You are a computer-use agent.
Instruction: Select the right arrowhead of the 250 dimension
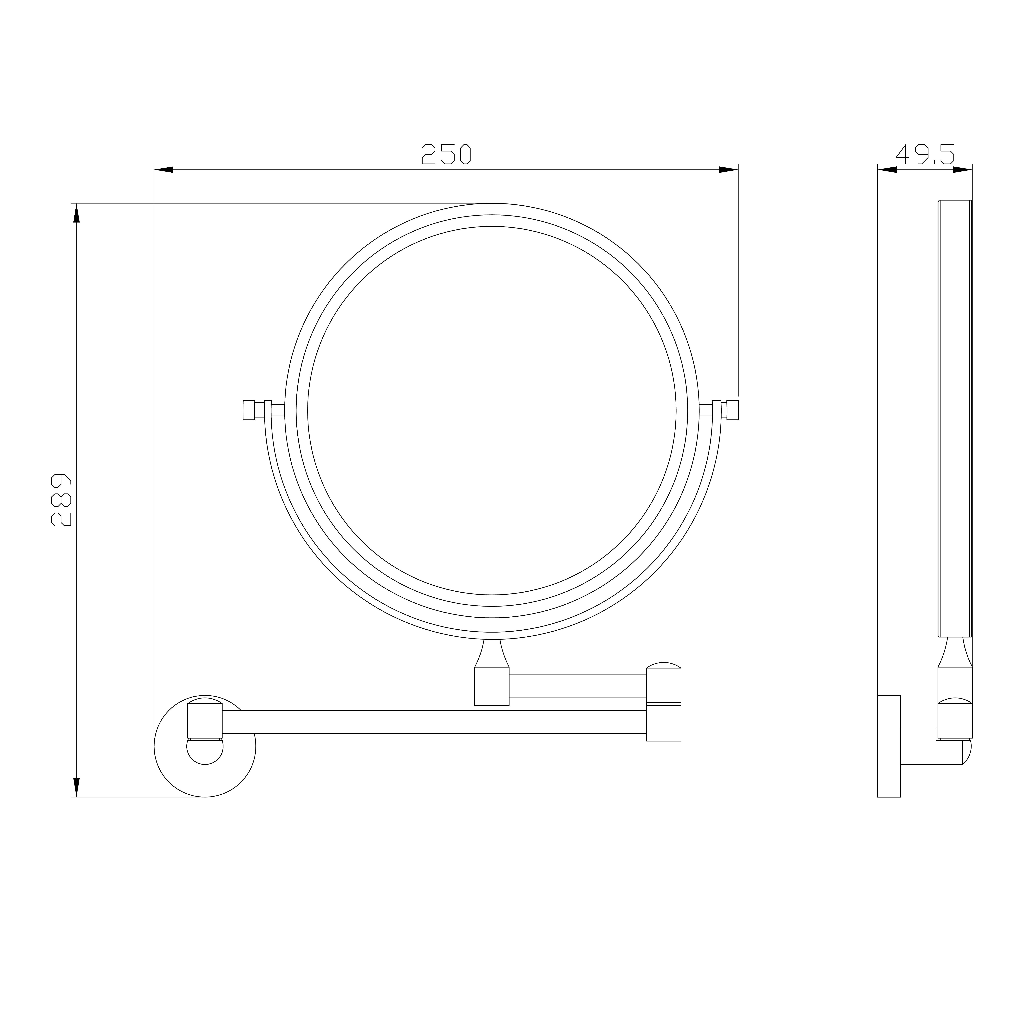coord(728,170)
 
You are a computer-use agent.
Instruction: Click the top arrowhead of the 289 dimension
coord(76,213)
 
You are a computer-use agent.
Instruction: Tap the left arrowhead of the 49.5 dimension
coord(887,170)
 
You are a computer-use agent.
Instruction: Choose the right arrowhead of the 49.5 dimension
coord(962,170)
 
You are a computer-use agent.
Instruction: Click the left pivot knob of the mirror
coord(249,410)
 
